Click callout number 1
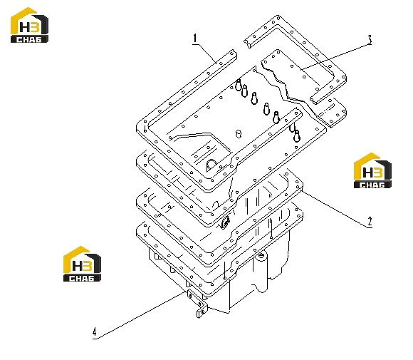click(x=195, y=38)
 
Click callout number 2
click(x=370, y=222)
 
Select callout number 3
click(x=370, y=39)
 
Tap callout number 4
click(x=95, y=331)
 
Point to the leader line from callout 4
click(x=140, y=315)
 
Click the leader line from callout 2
click(x=335, y=208)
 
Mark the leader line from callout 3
click(x=335, y=57)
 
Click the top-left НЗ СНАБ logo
click(x=29, y=25)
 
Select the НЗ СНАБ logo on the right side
click(x=372, y=170)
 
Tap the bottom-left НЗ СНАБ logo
click(x=82, y=264)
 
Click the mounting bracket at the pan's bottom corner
click(x=197, y=303)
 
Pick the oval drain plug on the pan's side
click(x=226, y=222)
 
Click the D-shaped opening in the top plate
click(x=211, y=165)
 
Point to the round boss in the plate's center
click(x=239, y=133)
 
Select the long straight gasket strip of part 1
click(x=187, y=91)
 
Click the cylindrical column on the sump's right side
click(x=260, y=272)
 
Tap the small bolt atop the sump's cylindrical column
click(x=261, y=255)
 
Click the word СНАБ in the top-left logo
click(x=29, y=39)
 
